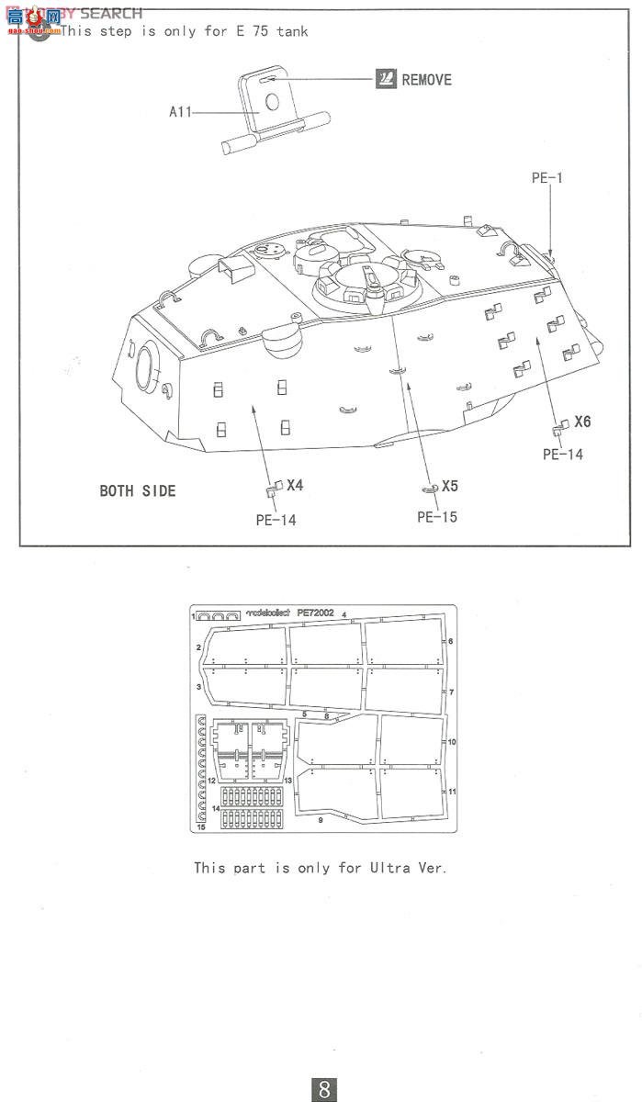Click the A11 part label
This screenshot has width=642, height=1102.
click(180, 112)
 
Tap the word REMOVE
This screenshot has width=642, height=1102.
click(426, 80)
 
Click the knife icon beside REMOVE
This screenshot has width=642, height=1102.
click(386, 79)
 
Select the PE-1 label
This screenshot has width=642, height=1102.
click(546, 178)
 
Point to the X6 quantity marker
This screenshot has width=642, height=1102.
click(582, 422)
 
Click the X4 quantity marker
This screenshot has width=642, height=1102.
click(294, 485)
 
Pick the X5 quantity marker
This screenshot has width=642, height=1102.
click(449, 486)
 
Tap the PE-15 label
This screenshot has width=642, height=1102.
click(436, 517)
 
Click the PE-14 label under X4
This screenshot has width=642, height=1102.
click(276, 521)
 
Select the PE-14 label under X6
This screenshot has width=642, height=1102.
click(562, 455)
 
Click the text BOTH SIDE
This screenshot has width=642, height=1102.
click(138, 490)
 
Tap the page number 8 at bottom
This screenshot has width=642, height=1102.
click(324, 1089)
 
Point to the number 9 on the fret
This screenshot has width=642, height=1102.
click(321, 819)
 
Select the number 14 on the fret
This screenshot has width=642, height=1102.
click(215, 808)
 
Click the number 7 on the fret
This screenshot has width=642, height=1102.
click(452, 691)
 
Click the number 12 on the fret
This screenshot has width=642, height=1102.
click(210, 780)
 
